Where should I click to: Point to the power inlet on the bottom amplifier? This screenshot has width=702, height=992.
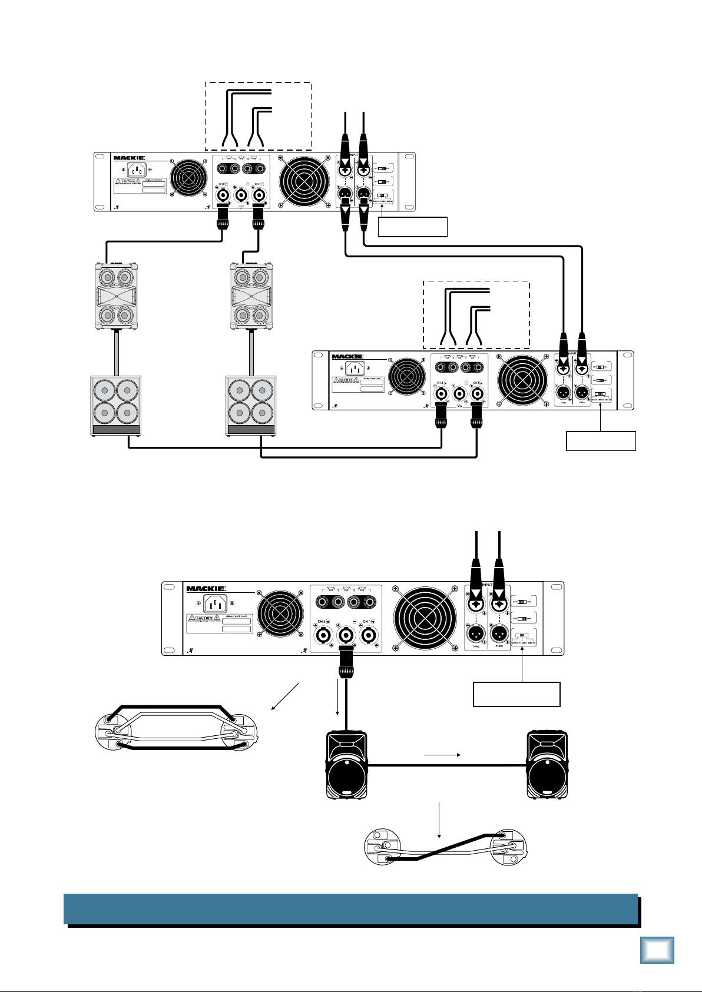[x=215, y=603]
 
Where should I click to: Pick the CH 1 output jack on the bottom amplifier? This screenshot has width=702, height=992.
[x=368, y=635]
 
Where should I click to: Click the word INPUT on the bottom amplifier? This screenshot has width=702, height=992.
[x=486, y=585]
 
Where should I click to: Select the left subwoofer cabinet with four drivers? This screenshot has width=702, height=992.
[x=116, y=406]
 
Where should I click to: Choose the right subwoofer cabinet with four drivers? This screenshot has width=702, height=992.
[x=251, y=406]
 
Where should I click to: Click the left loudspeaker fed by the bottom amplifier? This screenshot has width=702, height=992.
[x=347, y=765]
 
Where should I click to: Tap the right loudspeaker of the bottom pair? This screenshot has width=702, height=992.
[x=548, y=765]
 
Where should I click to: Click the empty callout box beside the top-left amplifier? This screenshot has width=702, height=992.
[x=412, y=227]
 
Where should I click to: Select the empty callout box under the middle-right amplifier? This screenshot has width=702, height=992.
[x=601, y=441]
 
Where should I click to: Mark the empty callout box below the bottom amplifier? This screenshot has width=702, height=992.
[x=516, y=694]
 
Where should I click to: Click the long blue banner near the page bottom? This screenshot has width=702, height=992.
[x=350, y=909]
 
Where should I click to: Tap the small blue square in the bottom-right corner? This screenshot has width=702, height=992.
[x=657, y=950]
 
